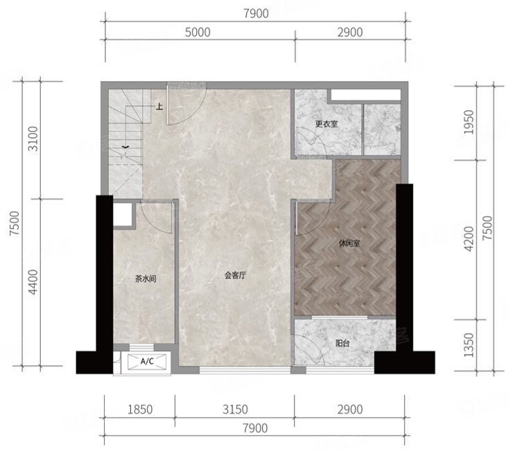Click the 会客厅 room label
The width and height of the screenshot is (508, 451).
click(x=236, y=276)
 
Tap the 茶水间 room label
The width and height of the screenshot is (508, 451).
click(x=146, y=278)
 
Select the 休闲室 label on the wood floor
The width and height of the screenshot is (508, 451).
click(x=349, y=243)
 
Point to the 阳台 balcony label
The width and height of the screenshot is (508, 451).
click(x=342, y=343)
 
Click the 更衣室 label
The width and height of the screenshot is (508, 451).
click(x=326, y=124)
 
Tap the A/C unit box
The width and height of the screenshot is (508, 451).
click(x=147, y=362)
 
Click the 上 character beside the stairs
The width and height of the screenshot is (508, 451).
click(x=159, y=107)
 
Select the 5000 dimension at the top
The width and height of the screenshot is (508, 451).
click(x=198, y=33)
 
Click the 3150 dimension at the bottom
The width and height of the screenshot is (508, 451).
click(x=235, y=409)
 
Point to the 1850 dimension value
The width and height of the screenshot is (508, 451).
click(x=140, y=409)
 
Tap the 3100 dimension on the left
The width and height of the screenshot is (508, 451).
click(x=33, y=139)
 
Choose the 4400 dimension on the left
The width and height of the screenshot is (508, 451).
click(x=33, y=282)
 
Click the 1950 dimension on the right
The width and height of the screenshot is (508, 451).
click(x=468, y=122)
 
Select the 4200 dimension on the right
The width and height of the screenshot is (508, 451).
click(x=468, y=239)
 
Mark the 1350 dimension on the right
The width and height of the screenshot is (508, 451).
click(x=468, y=345)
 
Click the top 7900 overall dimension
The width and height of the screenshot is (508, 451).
click(x=256, y=14)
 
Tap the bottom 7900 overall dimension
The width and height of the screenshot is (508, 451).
click(x=256, y=428)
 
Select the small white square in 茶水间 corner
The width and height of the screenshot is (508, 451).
click(x=123, y=214)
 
